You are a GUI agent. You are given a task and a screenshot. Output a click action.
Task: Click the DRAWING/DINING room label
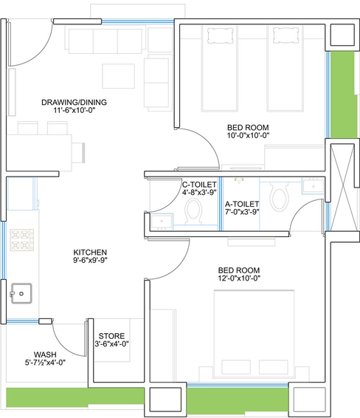[74, 102]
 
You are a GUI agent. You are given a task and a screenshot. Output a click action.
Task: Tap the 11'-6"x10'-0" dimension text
[75, 110]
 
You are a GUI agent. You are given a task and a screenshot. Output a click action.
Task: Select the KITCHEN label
[90, 252]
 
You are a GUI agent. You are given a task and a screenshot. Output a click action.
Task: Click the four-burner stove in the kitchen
[22, 240]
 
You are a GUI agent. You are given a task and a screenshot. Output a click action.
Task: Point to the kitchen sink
[21, 293]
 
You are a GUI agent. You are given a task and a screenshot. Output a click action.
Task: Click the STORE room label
[111, 336]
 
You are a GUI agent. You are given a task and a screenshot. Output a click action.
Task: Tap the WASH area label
[45, 354]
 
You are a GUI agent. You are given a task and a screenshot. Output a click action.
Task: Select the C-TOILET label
[199, 185]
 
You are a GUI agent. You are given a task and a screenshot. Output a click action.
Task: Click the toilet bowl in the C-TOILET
[193, 211]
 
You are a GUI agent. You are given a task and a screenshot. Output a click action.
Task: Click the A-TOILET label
[242, 205]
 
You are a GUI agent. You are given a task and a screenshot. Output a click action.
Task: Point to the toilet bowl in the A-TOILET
[279, 196]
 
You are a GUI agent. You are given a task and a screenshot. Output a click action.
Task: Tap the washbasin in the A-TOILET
[313, 185]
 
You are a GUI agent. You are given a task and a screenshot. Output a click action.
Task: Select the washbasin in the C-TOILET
[162, 222]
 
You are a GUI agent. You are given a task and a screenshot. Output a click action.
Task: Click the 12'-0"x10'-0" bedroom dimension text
[239, 278]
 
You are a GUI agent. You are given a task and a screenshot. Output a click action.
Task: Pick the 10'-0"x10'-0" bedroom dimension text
[248, 135]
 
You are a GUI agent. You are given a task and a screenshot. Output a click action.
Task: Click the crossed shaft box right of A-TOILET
[342, 188]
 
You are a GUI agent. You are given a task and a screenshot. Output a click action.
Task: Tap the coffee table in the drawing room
[119, 76]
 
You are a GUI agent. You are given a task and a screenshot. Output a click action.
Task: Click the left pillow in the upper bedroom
[221, 35]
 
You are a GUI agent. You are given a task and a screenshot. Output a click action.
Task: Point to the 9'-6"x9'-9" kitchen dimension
[90, 260]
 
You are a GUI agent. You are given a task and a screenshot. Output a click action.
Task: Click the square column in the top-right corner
[342, 35]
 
